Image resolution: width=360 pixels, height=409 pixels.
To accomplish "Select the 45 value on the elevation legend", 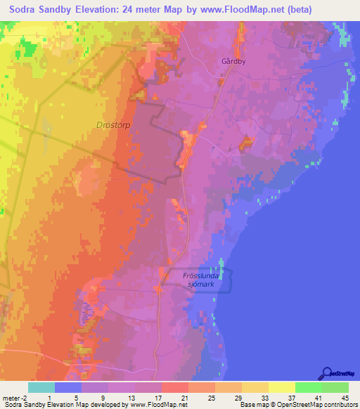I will tap(345, 398).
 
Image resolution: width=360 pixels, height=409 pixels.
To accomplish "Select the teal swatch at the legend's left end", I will tap(41, 387).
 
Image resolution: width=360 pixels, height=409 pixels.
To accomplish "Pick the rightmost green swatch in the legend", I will tap(335, 387).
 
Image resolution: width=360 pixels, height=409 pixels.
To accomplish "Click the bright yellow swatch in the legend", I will tap(282, 387).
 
